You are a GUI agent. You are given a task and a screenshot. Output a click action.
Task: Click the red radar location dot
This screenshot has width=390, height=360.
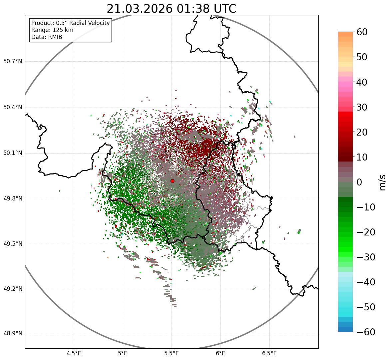click(172, 181)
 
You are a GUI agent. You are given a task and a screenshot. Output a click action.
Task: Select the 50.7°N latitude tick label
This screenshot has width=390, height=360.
click(13, 62)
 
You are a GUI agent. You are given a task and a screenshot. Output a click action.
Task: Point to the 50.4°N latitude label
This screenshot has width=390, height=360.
click(13, 108)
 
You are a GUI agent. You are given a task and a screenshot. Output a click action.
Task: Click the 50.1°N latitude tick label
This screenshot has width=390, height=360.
click(13, 153)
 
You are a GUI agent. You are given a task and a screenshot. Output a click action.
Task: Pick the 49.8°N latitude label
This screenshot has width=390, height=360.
click(13, 199)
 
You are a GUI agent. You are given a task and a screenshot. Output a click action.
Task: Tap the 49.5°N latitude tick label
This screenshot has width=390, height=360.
click(13, 244)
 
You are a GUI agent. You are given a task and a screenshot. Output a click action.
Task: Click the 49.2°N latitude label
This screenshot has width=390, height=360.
click(13, 289)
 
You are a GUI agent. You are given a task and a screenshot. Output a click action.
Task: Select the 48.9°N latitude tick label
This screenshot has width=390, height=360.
click(13, 334)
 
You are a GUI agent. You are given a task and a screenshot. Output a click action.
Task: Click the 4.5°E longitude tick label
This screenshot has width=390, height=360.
click(74, 353)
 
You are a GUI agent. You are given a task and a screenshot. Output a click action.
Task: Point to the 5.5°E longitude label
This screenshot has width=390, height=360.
click(172, 353)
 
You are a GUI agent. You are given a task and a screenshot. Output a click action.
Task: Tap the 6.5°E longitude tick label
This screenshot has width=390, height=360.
click(269, 353)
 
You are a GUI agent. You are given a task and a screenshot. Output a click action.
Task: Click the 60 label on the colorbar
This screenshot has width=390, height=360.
click(362, 32)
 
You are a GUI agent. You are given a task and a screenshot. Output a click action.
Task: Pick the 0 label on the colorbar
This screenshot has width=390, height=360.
click(359, 182)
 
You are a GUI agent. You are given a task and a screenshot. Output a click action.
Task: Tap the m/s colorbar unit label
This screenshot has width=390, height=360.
click(383, 182)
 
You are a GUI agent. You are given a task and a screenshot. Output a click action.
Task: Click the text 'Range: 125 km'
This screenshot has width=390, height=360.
click(52, 30)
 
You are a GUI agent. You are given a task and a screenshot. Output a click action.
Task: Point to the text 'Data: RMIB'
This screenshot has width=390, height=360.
click(47, 37)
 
